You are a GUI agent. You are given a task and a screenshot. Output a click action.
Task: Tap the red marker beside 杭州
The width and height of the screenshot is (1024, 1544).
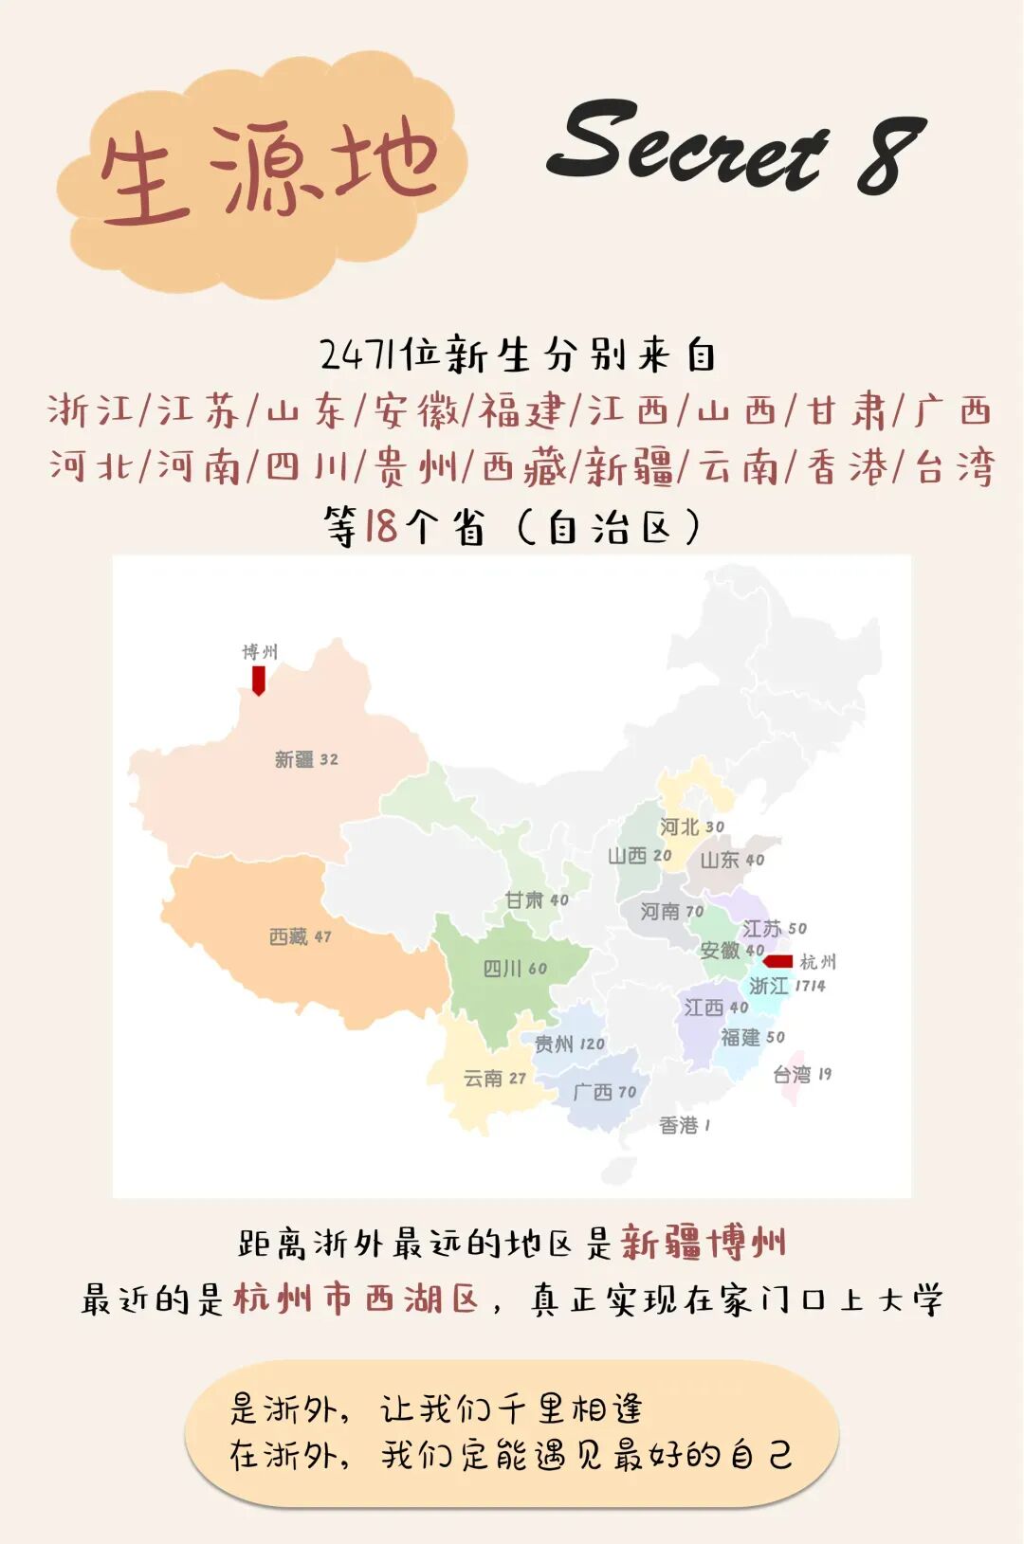pyautogui.click(x=778, y=961)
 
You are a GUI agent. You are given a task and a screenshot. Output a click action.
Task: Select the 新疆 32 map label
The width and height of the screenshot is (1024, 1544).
pyautogui.click(x=306, y=759)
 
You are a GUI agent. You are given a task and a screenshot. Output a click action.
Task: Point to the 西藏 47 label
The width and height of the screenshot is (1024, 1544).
pyautogui.click(x=300, y=936)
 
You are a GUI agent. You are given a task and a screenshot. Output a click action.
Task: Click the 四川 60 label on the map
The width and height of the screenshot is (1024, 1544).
pyautogui.click(x=515, y=969)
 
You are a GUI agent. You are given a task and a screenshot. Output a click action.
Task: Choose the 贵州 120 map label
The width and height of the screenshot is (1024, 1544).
pyautogui.click(x=569, y=1044)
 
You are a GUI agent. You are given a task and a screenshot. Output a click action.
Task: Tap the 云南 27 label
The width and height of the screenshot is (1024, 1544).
pyautogui.click(x=494, y=1078)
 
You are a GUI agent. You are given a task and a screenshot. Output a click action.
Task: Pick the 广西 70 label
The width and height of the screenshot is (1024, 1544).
pyautogui.click(x=604, y=1092)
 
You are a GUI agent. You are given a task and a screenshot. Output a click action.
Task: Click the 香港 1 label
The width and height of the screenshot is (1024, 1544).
pyautogui.click(x=685, y=1125)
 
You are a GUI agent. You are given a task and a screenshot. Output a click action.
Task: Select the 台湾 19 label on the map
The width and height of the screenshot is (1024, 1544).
pyautogui.click(x=801, y=1074)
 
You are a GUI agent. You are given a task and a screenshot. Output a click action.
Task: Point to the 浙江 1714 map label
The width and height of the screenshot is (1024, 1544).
pyautogui.click(x=787, y=986)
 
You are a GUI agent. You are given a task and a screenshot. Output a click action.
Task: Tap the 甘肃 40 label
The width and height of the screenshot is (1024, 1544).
pyautogui.click(x=537, y=899)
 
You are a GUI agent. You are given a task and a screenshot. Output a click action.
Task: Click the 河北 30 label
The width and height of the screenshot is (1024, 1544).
pyautogui.click(x=691, y=826)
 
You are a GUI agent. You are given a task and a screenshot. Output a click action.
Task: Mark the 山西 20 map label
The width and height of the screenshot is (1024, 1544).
pyautogui.click(x=639, y=856)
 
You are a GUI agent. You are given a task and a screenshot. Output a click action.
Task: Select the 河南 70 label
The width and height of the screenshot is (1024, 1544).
pyautogui.click(x=671, y=911)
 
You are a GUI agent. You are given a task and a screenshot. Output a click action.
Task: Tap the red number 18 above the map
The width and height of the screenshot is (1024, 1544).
pyautogui.click(x=380, y=526)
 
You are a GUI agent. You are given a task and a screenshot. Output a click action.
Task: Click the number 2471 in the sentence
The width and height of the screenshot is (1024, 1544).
pyautogui.click(x=357, y=355)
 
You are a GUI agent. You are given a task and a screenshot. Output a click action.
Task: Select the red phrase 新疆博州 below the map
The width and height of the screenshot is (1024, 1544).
pyautogui.click(x=704, y=1243)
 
